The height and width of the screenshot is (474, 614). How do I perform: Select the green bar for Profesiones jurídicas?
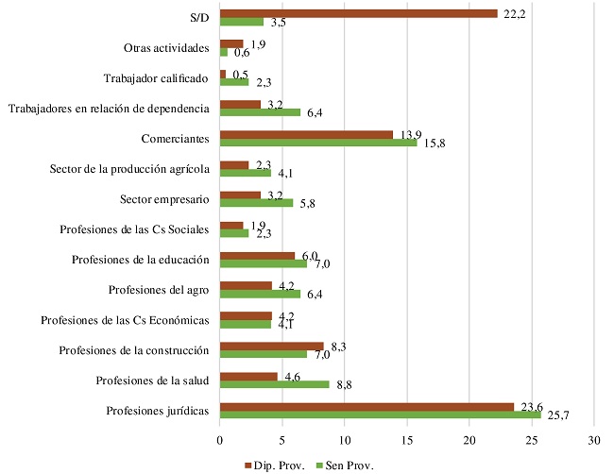tap(380, 415)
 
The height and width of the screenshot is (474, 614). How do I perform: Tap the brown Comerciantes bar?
tap(306, 135)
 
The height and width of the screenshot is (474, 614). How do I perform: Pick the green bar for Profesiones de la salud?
tap(274, 384)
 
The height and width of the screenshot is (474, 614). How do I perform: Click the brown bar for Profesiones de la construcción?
tap(271, 346)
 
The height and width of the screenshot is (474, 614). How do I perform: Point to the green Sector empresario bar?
tap(256, 202)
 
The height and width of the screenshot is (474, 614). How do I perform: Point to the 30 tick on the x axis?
tap(594, 440)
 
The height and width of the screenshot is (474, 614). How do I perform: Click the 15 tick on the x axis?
tap(407, 440)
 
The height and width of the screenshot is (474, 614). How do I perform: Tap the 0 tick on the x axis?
tap(220, 440)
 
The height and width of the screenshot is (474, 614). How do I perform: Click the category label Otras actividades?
tap(166, 48)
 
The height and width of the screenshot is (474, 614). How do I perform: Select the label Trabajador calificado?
tap(155, 78)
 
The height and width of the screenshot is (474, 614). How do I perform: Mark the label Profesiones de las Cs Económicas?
tap(125, 320)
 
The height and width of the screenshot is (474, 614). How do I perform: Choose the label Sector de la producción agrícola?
tap(129, 169)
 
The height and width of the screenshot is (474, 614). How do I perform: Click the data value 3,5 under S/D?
tap(280, 22)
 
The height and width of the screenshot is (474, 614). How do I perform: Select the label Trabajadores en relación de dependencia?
tap(108, 109)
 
